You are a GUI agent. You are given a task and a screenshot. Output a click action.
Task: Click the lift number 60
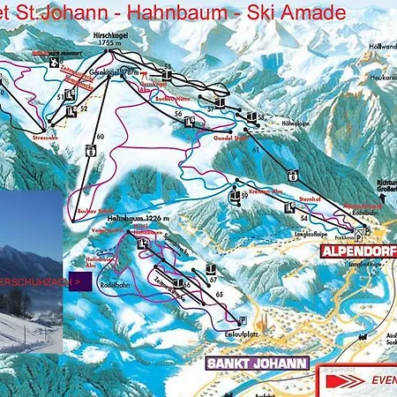coord(100,136)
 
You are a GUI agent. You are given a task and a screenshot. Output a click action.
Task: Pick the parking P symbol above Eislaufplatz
coord(243,319)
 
